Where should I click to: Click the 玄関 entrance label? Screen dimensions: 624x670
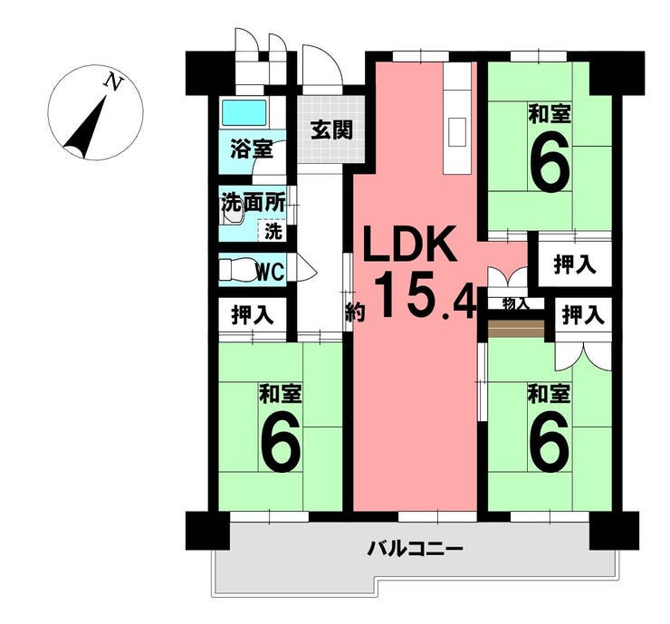click(331, 130)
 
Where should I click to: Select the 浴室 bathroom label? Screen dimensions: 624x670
click(251, 149)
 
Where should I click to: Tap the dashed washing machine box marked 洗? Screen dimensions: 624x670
click(272, 231)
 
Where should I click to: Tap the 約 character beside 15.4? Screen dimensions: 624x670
click(354, 313)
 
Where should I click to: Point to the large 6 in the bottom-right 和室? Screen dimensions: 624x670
click(550, 441)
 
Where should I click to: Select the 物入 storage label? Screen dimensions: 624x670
click(517, 303)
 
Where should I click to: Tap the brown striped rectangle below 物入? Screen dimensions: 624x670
click(516, 328)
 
